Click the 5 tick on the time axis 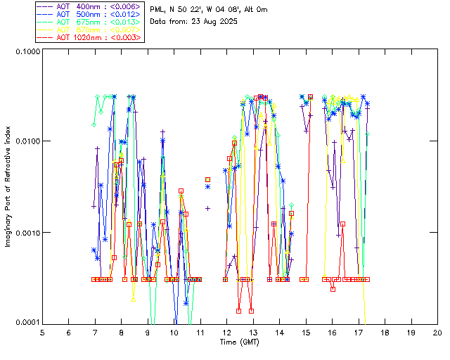click(x=42, y=332)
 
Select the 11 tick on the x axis click(x=200, y=332)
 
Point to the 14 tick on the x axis click(x=279, y=332)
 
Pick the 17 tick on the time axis click(x=359, y=332)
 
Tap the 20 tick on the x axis click(x=437, y=332)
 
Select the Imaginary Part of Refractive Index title click(x=10, y=186)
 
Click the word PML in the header click(x=158, y=9)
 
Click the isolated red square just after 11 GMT click(x=207, y=180)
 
